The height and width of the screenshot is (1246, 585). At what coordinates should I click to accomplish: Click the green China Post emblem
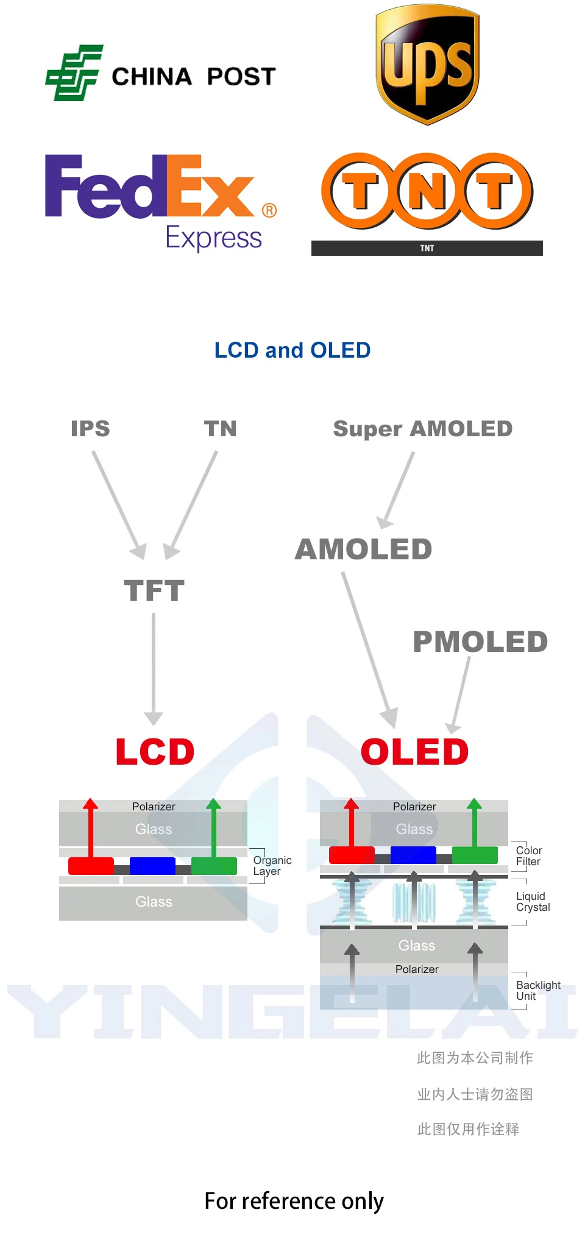73,73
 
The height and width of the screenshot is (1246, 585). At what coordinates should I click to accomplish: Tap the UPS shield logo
427,65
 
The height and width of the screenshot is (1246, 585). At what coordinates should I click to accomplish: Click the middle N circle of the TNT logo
427,191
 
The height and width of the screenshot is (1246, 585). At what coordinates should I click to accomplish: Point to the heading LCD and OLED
292,350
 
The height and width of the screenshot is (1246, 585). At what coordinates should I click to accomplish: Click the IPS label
90,428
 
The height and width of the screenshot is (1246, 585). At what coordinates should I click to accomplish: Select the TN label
220,428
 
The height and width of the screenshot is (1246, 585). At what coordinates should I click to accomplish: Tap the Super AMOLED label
422,429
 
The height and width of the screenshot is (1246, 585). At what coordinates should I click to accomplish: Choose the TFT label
154,590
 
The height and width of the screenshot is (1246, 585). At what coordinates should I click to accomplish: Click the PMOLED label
480,642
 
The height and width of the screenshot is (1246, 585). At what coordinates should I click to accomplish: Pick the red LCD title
155,751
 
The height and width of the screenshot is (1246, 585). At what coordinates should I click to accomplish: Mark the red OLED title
414,751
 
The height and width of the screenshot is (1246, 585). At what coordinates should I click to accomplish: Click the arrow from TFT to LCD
154,668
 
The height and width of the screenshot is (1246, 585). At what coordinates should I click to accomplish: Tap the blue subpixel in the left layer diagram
152,866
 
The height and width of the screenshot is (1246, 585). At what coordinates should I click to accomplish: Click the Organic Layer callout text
272,866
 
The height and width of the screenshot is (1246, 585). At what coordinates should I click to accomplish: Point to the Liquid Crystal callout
533,902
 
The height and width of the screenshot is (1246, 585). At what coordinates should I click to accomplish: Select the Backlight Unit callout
538,991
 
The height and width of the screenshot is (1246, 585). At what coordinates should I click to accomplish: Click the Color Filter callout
528,856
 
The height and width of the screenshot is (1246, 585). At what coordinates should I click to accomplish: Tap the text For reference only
294,1201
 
